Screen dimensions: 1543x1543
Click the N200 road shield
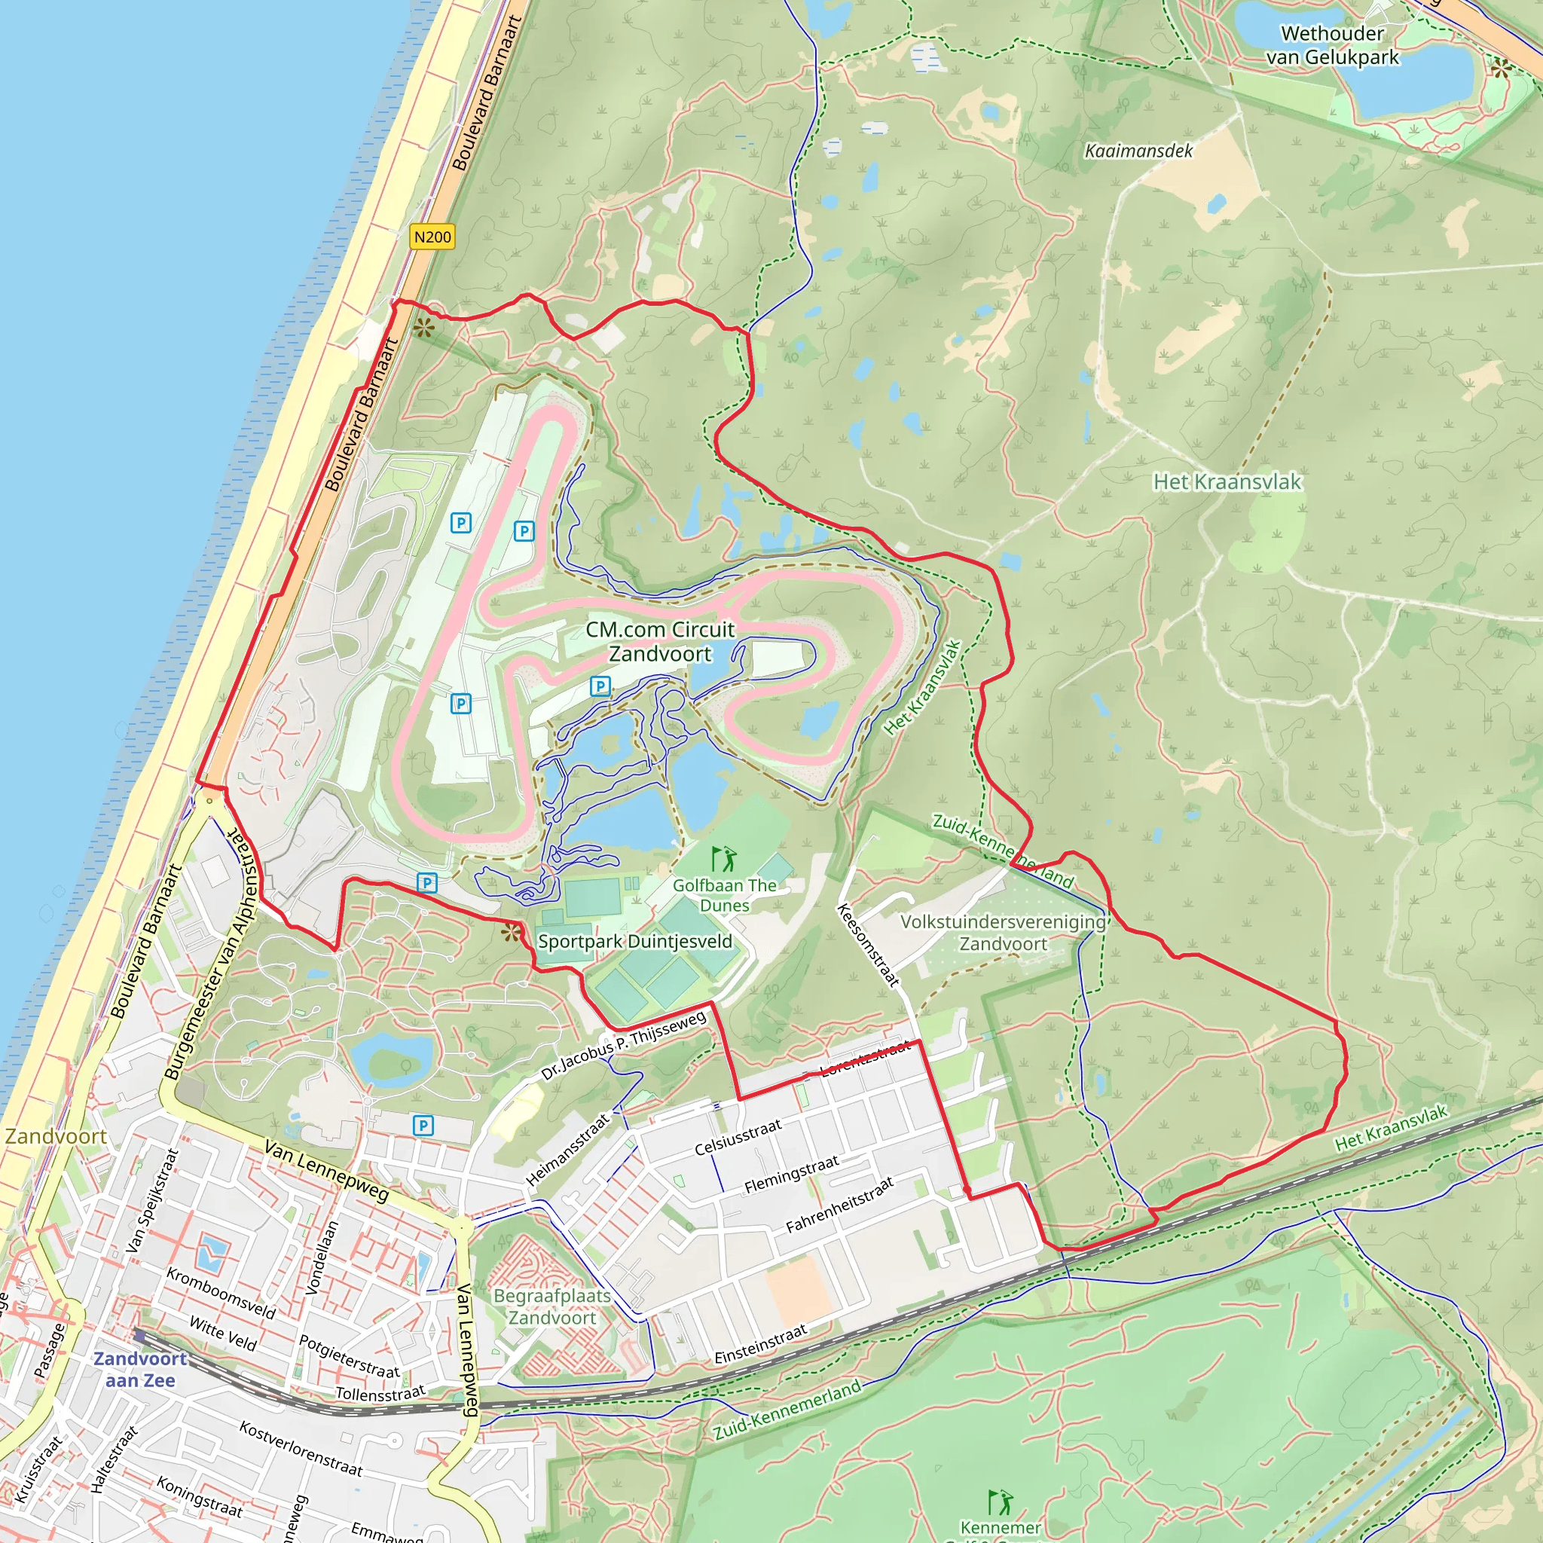tap(432, 237)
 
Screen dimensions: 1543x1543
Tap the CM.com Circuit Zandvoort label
tap(660, 641)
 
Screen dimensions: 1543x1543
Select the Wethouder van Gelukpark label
tap(1332, 45)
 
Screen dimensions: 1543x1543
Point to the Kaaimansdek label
tap(1138, 151)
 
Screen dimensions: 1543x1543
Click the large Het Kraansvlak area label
tap(1227, 481)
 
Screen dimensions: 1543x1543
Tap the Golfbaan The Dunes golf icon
tap(723, 860)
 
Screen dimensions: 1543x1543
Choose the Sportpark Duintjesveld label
tap(635, 941)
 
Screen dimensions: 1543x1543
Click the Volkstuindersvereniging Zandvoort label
tap(1003, 932)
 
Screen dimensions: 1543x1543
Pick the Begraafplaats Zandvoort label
tap(552, 1306)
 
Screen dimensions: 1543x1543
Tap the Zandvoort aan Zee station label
tap(140, 1369)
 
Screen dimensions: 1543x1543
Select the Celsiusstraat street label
tap(738, 1137)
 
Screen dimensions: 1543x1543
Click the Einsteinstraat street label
tap(760, 1344)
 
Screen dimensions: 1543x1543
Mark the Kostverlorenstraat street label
tap(301, 1448)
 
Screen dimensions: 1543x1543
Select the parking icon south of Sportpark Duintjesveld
tap(423, 1126)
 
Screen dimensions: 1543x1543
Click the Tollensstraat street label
tap(380, 1394)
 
